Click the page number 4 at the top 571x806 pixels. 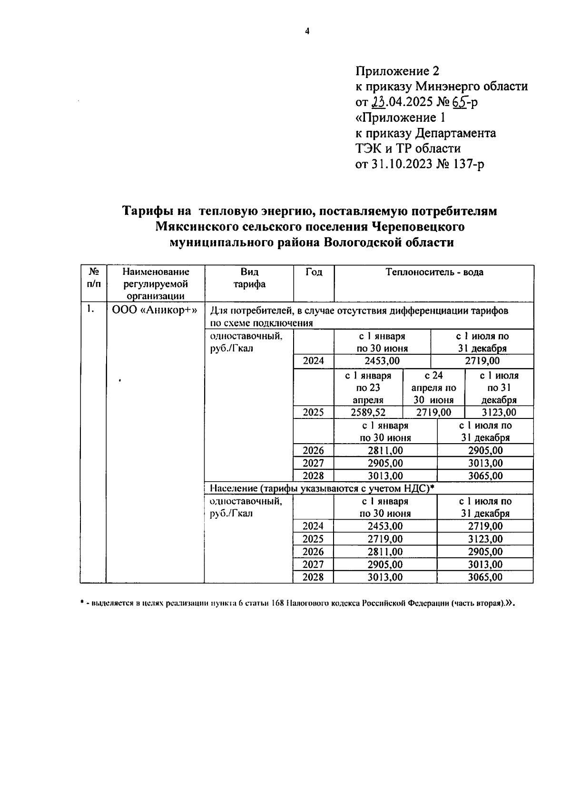307,31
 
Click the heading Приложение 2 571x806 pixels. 397,71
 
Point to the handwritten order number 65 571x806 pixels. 460,102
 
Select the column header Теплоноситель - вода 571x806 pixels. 434,272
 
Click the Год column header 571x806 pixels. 314,272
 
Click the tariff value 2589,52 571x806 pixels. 368,412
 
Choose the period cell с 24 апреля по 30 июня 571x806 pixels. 433,388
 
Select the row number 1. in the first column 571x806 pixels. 89,310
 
